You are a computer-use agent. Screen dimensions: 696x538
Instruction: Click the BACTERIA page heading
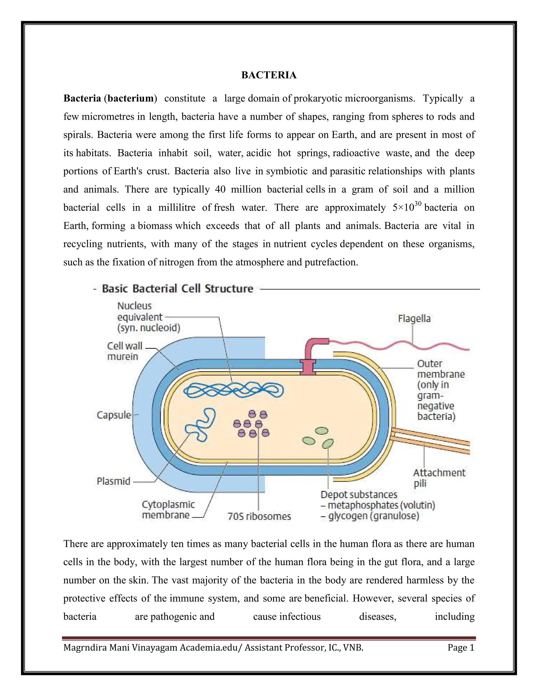point(269,75)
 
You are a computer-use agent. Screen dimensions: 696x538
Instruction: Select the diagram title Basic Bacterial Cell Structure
point(177,289)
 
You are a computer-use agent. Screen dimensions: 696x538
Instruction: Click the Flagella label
point(414,319)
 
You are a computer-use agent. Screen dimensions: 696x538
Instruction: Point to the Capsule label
point(114,415)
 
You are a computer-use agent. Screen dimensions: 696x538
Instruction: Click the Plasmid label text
point(113,481)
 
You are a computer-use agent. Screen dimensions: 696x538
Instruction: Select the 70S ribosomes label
point(259,516)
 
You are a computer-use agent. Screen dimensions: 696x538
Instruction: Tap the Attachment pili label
point(439,478)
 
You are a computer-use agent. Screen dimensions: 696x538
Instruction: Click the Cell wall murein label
point(124,351)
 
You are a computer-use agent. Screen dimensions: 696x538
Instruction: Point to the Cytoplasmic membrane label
point(168,510)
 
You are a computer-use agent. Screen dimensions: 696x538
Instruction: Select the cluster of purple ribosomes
point(252,424)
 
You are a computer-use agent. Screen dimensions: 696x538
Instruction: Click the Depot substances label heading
point(359,495)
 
